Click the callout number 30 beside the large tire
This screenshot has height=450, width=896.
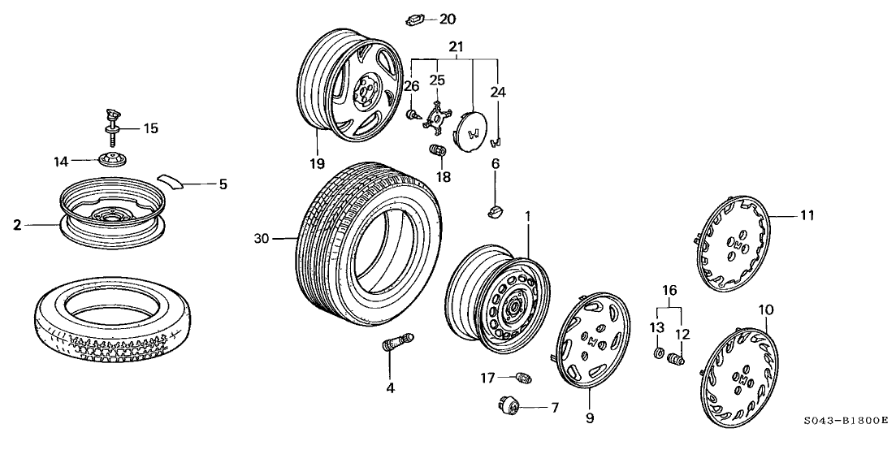pyautogui.click(x=260, y=238)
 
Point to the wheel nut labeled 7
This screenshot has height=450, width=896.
pyautogui.click(x=511, y=405)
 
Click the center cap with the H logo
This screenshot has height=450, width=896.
pyautogui.click(x=472, y=131)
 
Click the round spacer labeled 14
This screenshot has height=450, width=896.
pyautogui.click(x=109, y=159)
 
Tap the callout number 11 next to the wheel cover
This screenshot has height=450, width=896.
pyautogui.click(x=806, y=215)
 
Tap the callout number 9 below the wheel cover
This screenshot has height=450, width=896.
pyautogui.click(x=590, y=418)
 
